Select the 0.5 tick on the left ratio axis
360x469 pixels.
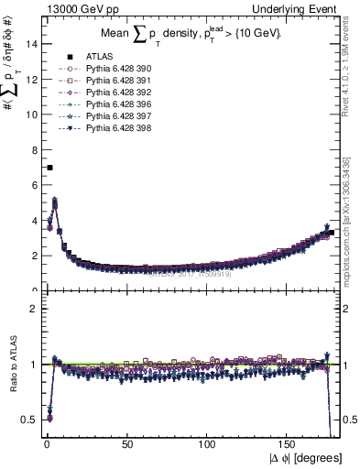tap(30, 420)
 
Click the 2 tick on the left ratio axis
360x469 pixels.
tap(34, 309)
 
